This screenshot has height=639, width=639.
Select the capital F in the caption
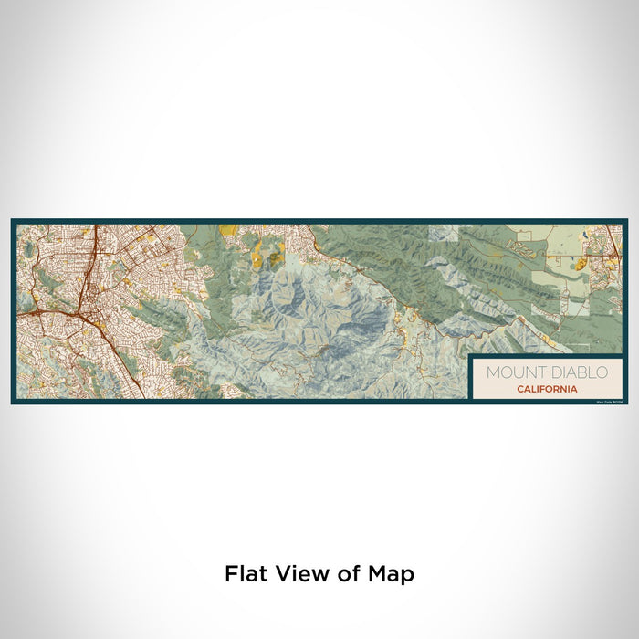(x=231, y=574)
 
